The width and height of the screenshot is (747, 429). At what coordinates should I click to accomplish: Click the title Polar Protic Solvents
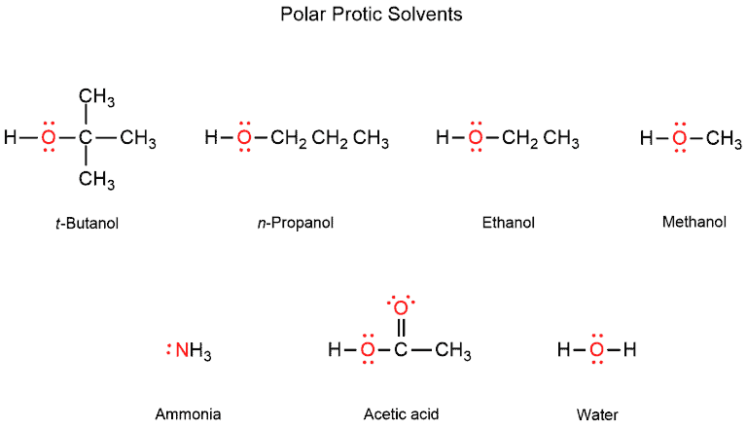372,15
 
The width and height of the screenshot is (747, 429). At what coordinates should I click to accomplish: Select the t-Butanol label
87,223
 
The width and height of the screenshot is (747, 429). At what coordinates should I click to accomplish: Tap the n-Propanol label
296,223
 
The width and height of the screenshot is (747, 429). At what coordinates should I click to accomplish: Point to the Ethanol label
509,223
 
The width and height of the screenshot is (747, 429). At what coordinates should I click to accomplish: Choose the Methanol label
694,222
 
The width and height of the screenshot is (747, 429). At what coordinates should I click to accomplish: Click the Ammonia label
188,414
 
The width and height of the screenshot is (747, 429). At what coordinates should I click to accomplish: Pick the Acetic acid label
401,414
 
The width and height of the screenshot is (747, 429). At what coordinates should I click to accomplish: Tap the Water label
597,414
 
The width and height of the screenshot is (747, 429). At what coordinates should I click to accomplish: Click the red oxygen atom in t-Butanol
48,137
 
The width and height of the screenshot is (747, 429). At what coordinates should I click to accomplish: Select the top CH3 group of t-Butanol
96,97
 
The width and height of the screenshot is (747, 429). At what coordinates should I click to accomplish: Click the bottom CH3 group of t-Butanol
96,180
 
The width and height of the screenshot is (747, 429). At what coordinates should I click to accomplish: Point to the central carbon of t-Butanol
86,137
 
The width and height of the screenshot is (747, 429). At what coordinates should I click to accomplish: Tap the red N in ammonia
182,350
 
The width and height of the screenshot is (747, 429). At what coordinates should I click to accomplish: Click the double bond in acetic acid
401,329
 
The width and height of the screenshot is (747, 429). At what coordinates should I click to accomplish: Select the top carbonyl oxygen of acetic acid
401,308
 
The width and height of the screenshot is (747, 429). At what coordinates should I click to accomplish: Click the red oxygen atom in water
596,350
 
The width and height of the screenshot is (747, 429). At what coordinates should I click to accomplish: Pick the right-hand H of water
630,350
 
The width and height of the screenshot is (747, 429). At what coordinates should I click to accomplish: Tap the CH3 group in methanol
724,139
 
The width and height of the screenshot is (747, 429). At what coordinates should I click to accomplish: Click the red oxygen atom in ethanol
476,137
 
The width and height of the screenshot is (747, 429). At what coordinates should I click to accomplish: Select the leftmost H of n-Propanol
211,137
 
